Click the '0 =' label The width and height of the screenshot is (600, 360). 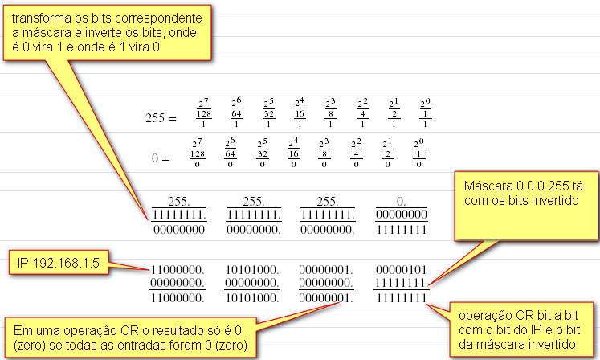click(160, 158)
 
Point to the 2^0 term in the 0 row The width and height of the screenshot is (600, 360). click(418, 153)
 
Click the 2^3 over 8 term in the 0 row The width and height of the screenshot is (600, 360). click(323, 153)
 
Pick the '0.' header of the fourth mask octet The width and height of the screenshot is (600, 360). click(402, 201)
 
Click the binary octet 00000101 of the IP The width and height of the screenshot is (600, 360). click(402, 269)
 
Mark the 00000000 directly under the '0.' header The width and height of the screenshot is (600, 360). click(402, 215)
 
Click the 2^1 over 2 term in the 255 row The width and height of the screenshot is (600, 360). click(394, 112)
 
